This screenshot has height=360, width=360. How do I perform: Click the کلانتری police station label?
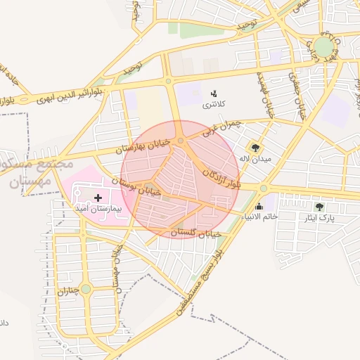click(x=214, y=105)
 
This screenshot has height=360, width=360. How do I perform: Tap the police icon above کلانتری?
click(x=214, y=93)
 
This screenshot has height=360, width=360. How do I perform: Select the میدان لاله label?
click(x=255, y=159)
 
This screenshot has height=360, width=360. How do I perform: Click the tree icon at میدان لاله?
click(x=255, y=148)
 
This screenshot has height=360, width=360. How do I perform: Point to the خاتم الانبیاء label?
click(x=259, y=217)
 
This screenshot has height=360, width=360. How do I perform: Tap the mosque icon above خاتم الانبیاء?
click(x=259, y=206)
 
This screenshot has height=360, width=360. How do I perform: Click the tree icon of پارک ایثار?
click(x=320, y=207)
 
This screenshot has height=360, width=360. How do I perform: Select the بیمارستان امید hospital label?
click(x=98, y=210)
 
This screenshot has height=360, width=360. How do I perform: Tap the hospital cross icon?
click(x=97, y=199)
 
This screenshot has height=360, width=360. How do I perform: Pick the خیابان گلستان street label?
click(x=196, y=231)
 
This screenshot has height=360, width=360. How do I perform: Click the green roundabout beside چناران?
click(x=86, y=289)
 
